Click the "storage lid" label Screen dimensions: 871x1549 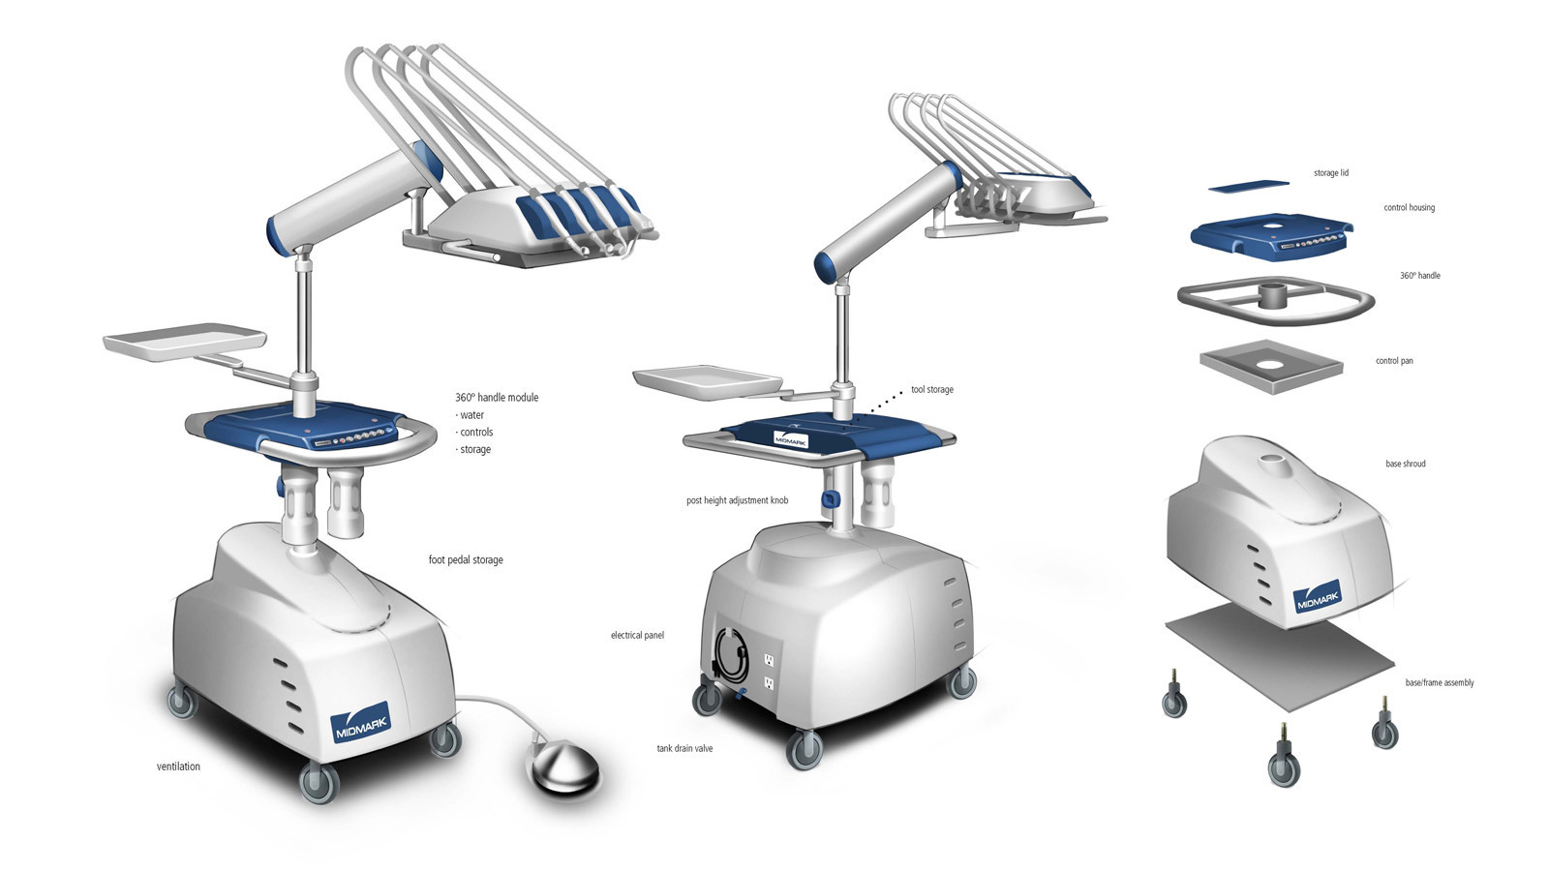(1330, 173)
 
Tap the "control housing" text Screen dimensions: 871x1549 (1409, 208)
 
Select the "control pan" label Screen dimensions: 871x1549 (1394, 361)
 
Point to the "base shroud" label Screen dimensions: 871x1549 (1405, 465)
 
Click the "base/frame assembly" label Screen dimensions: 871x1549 (1439, 683)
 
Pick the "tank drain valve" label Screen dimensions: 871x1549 (684, 749)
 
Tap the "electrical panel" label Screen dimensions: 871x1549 (637, 636)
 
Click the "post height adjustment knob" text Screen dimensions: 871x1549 (737, 501)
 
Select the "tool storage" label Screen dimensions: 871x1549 (931, 390)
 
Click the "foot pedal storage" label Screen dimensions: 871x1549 (466, 560)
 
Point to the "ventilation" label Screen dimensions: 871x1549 (178, 766)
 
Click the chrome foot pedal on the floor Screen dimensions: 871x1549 (563, 766)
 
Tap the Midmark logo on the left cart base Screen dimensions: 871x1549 (360, 722)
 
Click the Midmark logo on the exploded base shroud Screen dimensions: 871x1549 (1317, 597)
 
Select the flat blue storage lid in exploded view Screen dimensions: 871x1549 (1249, 184)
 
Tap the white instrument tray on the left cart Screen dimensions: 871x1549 (184, 344)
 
